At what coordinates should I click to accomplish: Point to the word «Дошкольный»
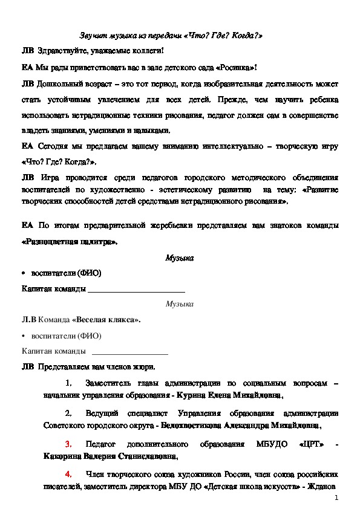(x=56, y=83)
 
